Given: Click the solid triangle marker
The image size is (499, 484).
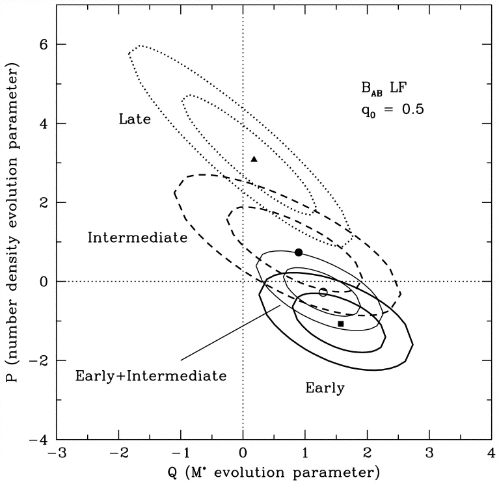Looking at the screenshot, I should pos(254,158).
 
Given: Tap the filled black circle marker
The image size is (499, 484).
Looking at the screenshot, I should pos(299,252).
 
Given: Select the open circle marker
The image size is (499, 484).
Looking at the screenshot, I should pos(323,292).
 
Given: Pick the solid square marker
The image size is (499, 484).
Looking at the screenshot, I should pos(341,323).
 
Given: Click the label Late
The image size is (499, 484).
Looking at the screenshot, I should pos(135,119).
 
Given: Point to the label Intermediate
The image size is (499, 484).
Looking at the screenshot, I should pos(137,237).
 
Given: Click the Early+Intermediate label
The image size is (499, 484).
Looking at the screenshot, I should pos(150,375).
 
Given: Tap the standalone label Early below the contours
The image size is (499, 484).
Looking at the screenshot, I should pos(325,388).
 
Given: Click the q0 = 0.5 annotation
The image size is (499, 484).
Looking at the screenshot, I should pos(386,109).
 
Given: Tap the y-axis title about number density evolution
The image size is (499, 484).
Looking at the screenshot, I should pos(12,242).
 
